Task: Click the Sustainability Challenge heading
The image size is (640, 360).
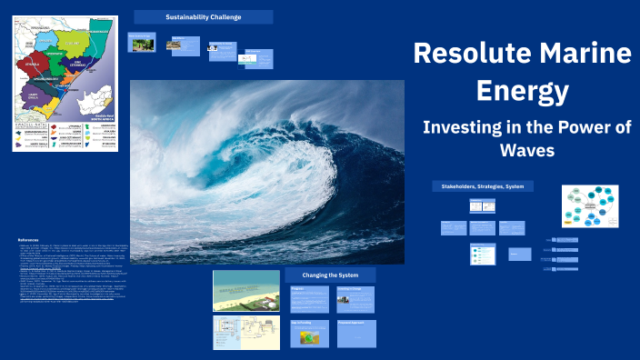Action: click(x=203, y=17)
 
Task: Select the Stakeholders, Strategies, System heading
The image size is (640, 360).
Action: click(x=482, y=185)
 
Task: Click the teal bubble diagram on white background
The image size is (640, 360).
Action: click(x=589, y=207)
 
